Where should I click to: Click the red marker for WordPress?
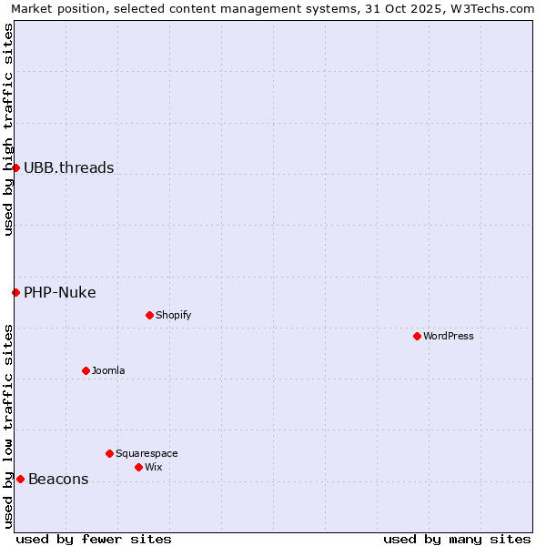click(417, 336)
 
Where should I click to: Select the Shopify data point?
click(149, 315)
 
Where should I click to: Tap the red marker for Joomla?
click(86, 370)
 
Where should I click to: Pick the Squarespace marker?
click(109, 453)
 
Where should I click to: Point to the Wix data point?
click(138, 467)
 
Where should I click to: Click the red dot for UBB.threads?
click(15, 167)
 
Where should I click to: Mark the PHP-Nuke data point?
click(15, 292)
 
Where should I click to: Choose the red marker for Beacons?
click(20, 479)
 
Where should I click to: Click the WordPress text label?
click(449, 336)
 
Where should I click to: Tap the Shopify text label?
click(174, 315)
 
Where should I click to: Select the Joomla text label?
click(108, 370)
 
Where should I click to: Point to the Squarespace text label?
click(147, 453)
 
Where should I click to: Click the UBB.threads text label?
click(69, 167)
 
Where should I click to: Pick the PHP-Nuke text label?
click(60, 292)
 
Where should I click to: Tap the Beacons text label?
click(58, 479)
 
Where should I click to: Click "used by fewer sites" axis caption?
click(94, 539)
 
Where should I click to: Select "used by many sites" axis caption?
click(457, 539)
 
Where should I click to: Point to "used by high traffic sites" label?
click(8, 129)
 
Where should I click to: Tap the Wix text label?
click(154, 467)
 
